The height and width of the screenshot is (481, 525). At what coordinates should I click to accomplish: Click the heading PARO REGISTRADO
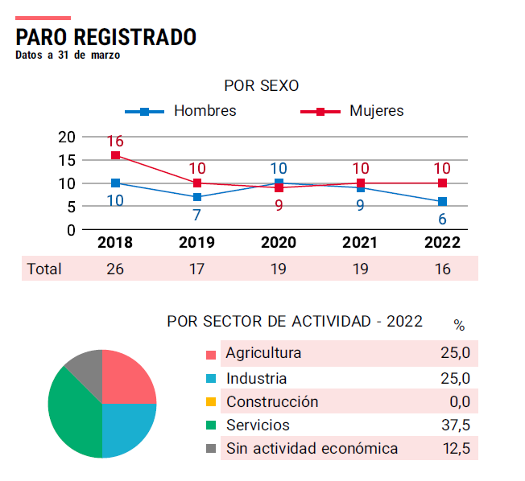pyautogui.click(x=105, y=37)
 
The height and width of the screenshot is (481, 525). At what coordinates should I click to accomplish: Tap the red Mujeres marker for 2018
pyautogui.click(x=115, y=155)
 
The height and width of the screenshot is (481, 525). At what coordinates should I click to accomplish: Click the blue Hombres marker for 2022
pyautogui.click(x=442, y=202)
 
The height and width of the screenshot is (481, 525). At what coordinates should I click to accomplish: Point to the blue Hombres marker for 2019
pyautogui.click(x=197, y=197)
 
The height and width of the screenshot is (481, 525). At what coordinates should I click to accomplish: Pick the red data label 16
pyautogui.click(x=115, y=142)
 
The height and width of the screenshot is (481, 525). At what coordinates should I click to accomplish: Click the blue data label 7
pyautogui.click(x=196, y=215)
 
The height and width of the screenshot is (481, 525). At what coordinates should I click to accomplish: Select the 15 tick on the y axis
pyautogui.click(x=67, y=160)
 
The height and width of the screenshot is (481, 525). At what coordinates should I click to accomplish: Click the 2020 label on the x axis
pyautogui.click(x=279, y=243)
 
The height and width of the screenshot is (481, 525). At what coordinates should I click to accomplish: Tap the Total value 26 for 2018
pyautogui.click(x=115, y=269)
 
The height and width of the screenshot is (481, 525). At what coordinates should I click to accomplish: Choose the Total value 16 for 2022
pyautogui.click(x=442, y=269)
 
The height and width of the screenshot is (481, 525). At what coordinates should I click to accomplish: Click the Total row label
pyautogui.click(x=43, y=269)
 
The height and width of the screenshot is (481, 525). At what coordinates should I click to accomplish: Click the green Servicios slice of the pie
pyautogui.click(x=68, y=410)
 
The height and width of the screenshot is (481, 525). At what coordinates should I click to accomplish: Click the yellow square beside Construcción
pyautogui.click(x=211, y=402)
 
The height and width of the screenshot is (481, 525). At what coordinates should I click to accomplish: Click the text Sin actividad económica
pyautogui.click(x=312, y=449)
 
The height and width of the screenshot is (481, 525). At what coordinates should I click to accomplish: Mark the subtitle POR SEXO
pyautogui.click(x=262, y=85)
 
